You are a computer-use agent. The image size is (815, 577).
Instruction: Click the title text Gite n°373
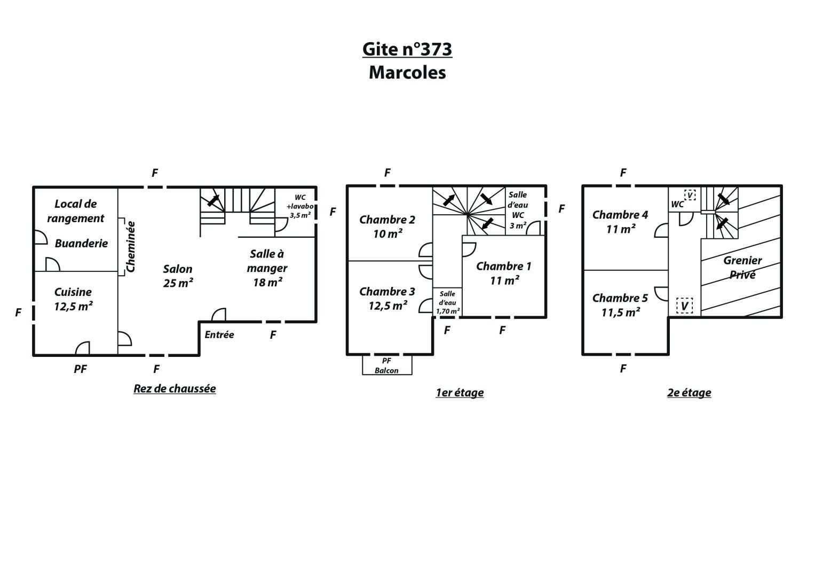coord(407,49)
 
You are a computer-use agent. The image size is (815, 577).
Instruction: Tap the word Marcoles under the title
coord(407,73)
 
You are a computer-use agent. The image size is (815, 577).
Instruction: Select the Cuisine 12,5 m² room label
coord(73,299)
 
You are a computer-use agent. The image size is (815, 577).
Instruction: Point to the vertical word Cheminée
coord(131,247)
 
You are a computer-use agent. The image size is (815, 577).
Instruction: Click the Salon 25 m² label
coord(178,276)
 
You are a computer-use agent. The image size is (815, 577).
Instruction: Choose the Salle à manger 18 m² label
coord(267,268)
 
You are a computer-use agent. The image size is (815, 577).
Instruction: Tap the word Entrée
coord(219,335)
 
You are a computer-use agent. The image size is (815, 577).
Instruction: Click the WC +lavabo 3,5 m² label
coord(300,207)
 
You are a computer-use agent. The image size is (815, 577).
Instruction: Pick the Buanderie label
coord(81,243)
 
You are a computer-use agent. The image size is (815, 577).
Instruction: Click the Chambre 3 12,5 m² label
coord(387,298)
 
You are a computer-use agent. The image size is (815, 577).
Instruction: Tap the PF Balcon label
coord(387,366)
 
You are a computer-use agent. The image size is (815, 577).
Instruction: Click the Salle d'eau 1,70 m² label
coord(447,303)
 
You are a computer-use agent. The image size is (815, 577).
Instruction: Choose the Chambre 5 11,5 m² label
coord(620,305)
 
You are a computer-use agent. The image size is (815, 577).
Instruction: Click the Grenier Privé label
coord(742,267)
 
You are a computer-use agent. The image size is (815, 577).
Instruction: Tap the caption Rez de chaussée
coord(175,389)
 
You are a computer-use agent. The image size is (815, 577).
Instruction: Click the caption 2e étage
coord(689,393)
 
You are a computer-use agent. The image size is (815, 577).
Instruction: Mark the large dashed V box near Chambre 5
coord(684,306)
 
